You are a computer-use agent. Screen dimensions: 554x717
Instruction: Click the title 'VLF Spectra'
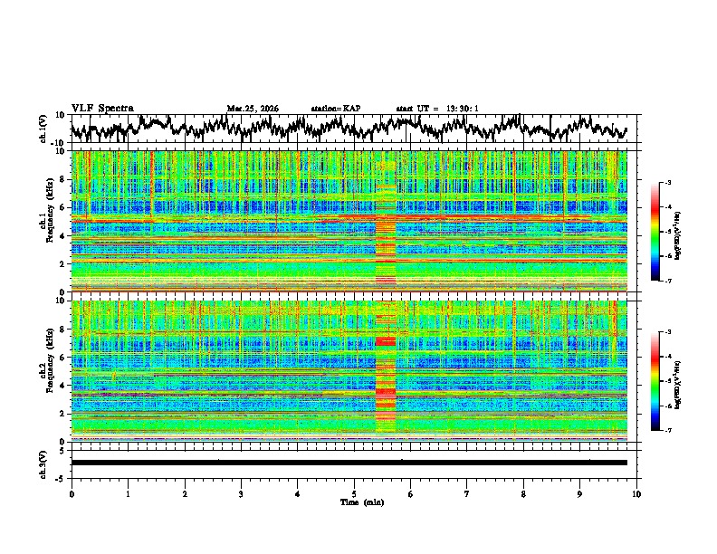[102, 109]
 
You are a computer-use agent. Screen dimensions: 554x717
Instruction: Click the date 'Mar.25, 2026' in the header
[253, 109]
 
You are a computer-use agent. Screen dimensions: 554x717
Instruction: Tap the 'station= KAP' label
[335, 109]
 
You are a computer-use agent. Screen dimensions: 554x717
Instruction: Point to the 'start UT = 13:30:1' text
[437, 109]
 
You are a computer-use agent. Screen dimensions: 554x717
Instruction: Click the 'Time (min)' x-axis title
[361, 501]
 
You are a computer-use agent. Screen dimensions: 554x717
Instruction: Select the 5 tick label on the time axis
[355, 493]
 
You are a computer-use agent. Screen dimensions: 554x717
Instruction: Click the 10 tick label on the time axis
[637, 493]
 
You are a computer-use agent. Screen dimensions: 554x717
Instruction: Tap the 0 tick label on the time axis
[72, 493]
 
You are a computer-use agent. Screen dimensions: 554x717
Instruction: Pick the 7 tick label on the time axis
[467, 493]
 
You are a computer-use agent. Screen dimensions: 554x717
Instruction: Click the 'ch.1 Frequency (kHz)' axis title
[45, 221]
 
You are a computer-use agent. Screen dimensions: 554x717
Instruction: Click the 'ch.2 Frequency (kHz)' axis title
[45, 369]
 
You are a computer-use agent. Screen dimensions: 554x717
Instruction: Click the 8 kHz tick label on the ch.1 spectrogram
[63, 179]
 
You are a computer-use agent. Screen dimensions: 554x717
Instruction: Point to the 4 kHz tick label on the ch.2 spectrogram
[63, 385]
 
